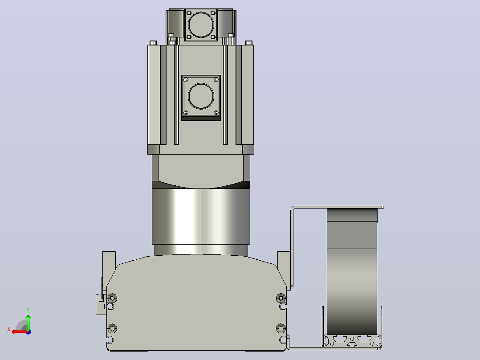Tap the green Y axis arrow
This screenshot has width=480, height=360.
pyautogui.click(x=28, y=322)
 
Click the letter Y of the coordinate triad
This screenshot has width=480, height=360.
pyautogui.click(x=28, y=310)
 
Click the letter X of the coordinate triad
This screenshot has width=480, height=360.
pyautogui.click(x=9, y=329)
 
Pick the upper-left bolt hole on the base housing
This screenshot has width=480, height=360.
pyautogui.click(x=112, y=298)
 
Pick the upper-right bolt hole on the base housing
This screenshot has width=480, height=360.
pyautogui.click(x=281, y=298)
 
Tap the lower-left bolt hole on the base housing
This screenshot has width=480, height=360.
pyautogui.click(x=112, y=328)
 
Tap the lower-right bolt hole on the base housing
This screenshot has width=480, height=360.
pyautogui.click(x=281, y=328)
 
